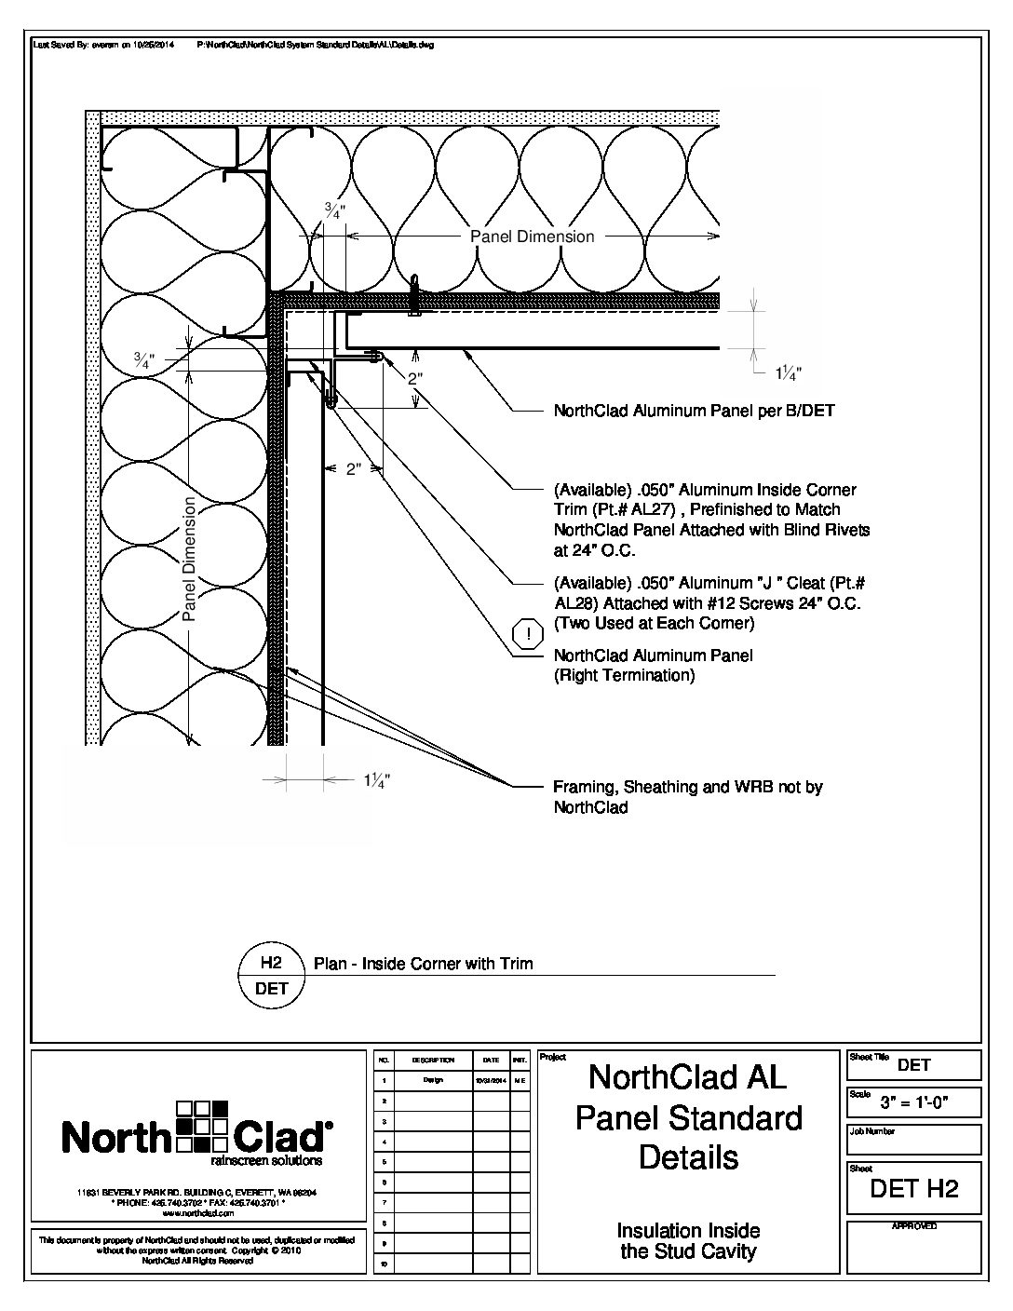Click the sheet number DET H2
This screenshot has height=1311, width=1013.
[913, 1188]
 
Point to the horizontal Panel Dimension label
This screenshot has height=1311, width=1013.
[532, 237]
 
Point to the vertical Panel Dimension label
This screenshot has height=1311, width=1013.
[189, 559]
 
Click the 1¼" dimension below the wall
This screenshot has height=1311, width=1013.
[375, 781]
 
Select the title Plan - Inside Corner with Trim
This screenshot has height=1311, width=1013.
[424, 964]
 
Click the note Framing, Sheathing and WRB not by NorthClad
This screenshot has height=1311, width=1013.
[687, 797]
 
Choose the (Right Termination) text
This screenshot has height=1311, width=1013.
[624, 675]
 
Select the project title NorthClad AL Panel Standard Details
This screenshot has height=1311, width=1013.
[688, 1117]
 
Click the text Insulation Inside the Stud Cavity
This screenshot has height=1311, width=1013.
[688, 1241]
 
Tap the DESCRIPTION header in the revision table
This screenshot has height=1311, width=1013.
[433, 1061]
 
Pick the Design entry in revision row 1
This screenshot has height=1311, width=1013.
[433, 1080]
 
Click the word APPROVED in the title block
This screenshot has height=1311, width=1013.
[913, 1226]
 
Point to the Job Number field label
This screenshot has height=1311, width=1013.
[872, 1131]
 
